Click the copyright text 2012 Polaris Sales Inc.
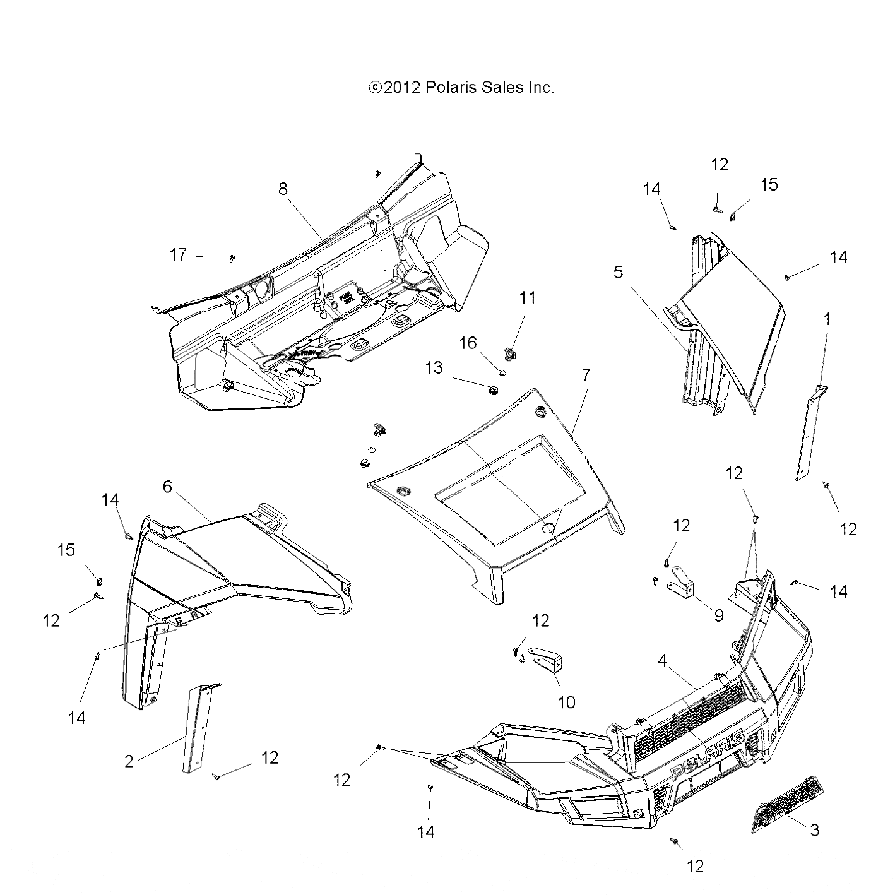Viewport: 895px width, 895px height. tap(461, 88)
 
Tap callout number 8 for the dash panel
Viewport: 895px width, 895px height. tap(283, 188)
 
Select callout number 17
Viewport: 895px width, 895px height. tap(178, 255)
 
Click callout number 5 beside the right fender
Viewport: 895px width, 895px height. tap(618, 272)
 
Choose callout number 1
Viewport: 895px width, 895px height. tap(827, 319)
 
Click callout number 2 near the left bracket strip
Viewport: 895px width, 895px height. tap(129, 762)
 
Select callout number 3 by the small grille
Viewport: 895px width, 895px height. tap(814, 830)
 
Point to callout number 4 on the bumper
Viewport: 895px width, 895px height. tap(661, 661)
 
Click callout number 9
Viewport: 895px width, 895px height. tap(718, 615)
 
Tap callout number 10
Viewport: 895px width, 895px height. tap(567, 701)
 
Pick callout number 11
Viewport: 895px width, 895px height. tap(527, 298)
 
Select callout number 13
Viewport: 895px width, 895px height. tap(434, 367)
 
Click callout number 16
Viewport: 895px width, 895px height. tap(468, 343)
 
